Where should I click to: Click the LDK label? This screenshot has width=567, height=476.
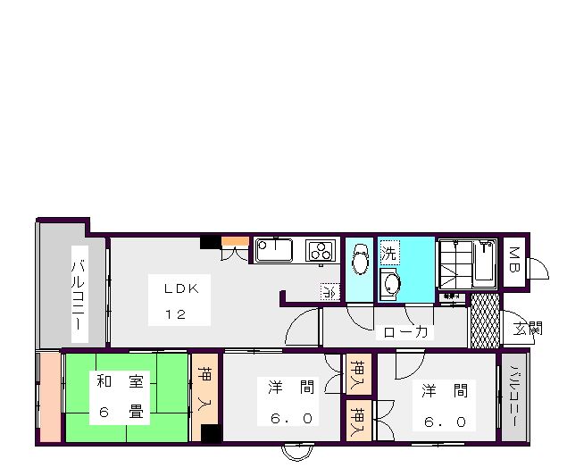186,289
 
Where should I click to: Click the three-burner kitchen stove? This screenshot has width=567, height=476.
320,250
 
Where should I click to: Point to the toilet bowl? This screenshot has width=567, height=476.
361,262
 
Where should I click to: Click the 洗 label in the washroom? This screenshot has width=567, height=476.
388,254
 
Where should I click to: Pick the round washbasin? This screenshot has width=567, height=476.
390,284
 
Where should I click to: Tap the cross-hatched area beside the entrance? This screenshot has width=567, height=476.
485,320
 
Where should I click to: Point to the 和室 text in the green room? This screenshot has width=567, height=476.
120,383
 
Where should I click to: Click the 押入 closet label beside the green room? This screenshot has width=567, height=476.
204,389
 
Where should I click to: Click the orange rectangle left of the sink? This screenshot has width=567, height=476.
235,240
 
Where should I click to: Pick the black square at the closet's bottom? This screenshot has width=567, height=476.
210,434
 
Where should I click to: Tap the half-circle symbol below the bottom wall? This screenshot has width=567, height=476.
298,451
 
